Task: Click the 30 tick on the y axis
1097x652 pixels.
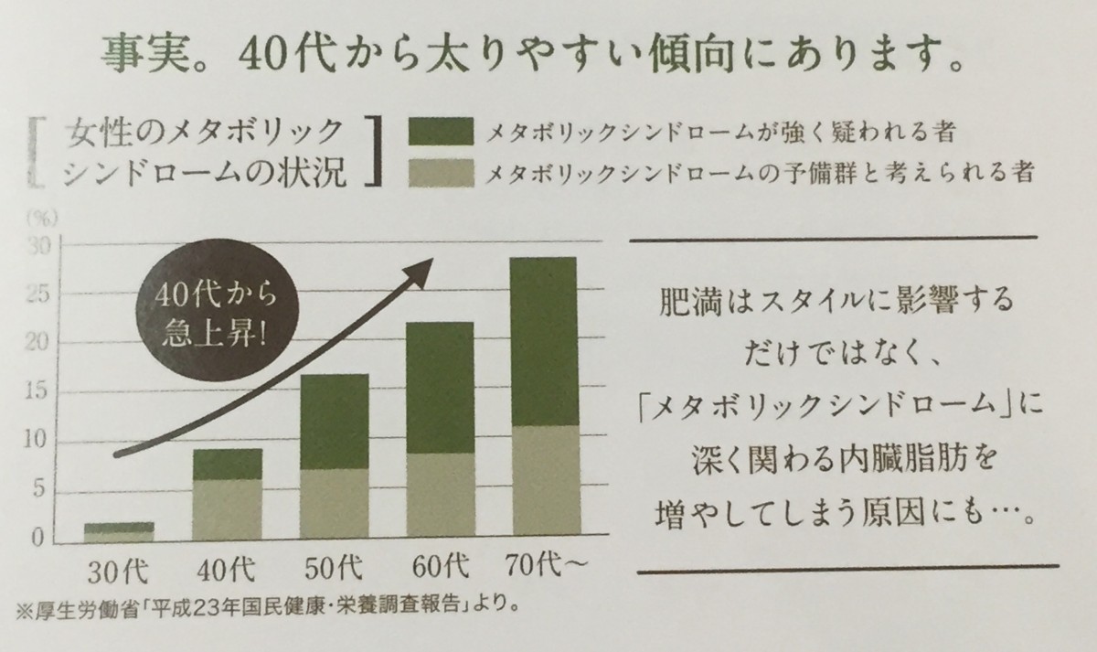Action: point(37,246)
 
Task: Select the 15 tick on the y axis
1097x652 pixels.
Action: point(37,393)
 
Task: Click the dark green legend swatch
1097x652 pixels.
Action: point(441,131)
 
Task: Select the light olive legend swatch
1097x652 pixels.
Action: point(441,172)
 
